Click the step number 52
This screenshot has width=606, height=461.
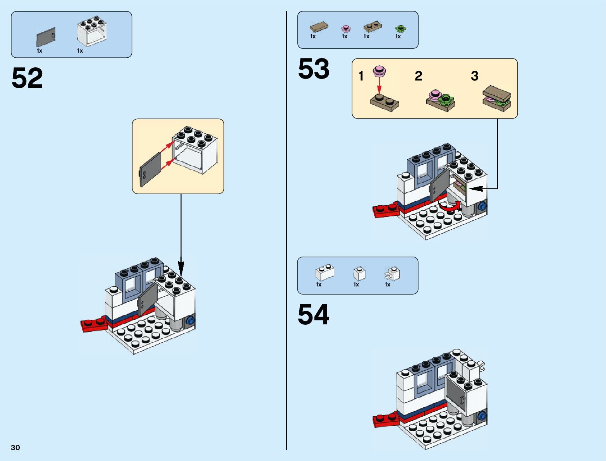(x=27, y=78)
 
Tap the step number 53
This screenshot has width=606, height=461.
(x=314, y=69)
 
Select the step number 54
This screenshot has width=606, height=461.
(x=313, y=314)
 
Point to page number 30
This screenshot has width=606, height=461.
(x=15, y=447)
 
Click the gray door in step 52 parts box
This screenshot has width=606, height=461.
(x=46, y=38)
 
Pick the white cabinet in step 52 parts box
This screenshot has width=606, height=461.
(x=92, y=32)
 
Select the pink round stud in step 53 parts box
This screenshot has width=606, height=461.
(x=345, y=28)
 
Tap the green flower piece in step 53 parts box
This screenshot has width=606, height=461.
(x=400, y=28)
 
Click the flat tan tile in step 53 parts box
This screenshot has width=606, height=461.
(x=319, y=27)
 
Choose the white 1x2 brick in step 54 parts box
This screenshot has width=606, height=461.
(x=325, y=272)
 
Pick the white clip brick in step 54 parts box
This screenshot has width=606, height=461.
(x=393, y=274)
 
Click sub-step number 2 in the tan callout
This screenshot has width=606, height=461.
(x=418, y=76)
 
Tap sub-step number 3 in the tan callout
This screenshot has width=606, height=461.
(x=475, y=76)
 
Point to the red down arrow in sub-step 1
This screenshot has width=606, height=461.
(x=379, y=84)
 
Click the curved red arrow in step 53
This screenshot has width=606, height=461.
(x=449, y=207)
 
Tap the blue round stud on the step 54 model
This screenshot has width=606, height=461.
(x=482, y=416)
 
